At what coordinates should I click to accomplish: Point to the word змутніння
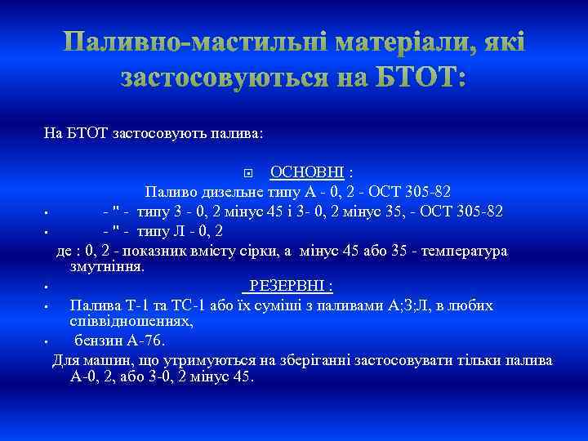(107, 266)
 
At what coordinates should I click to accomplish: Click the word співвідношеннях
(131, 321)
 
